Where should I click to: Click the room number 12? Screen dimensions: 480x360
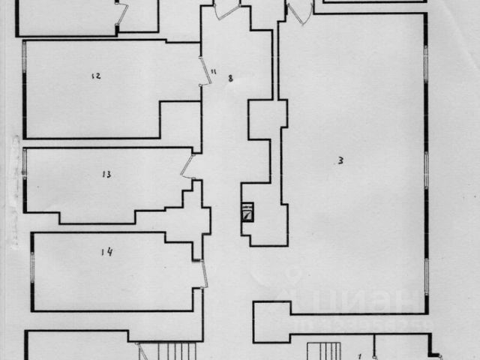[95, 76]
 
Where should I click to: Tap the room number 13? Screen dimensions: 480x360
[106, 175]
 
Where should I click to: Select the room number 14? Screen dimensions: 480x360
[106, 252]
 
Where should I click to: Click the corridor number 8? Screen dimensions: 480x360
[230, 77]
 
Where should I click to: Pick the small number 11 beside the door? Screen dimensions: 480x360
[213, 71]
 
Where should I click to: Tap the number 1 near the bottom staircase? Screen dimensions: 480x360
[359, 355]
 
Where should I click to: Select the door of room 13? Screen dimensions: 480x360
[188, 166]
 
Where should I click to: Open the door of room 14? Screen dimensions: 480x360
[204, 273]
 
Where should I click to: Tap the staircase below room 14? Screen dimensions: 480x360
[169, 352]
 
